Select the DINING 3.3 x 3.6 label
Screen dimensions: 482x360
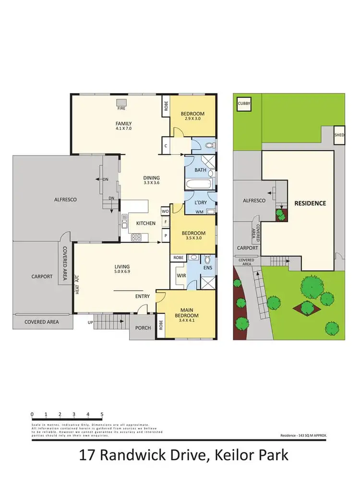151,179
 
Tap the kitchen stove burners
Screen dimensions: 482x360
136,236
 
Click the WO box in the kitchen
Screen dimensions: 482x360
165,211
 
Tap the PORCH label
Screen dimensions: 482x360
144,328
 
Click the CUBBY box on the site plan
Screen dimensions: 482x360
244,103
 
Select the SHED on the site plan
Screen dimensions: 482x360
339,136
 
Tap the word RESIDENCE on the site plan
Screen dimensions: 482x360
310,203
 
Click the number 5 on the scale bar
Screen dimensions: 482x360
102,414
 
